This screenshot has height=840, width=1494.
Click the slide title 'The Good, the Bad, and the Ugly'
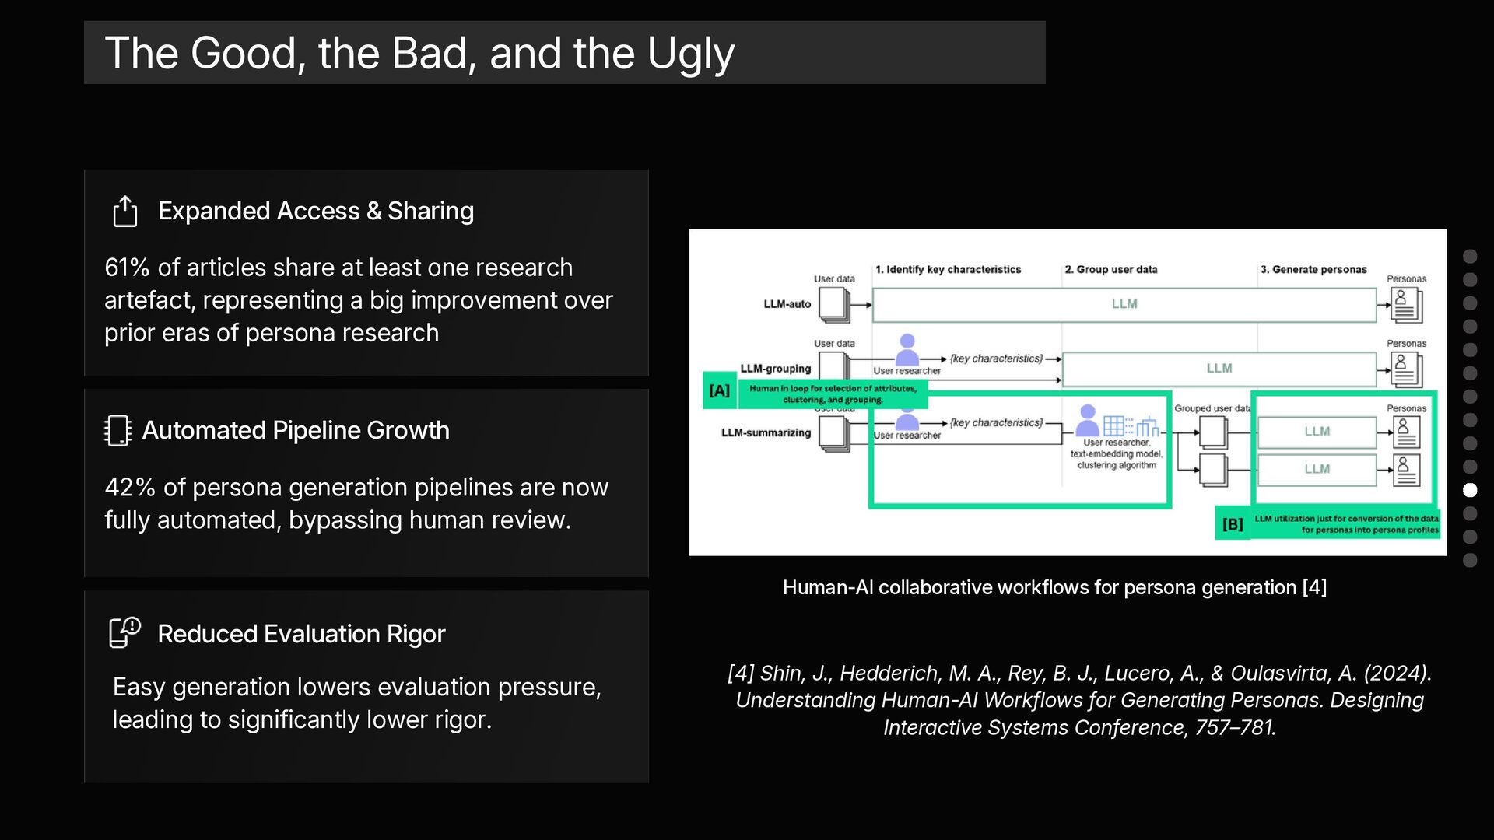pyautogui.click(x=419, y=53)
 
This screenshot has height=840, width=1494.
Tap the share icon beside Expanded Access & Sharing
pyautogui.click(x=125, y=211)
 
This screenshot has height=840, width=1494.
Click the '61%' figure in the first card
pyautogui.click(x=127, y=268)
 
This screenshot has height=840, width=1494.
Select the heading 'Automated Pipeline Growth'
pyautogui.click(x=296, y=430)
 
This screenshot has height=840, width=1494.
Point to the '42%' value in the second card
pyautogui.click(x=130, y=488)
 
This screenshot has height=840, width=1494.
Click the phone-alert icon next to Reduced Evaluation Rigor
pyautogui.click(x=124, y=632)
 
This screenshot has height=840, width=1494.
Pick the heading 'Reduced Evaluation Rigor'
pyautogui.click(x=301, y=634)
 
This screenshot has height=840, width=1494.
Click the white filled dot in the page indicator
pyautogui.click(x=1470, y=490)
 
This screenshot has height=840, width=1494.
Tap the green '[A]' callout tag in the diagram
pyautogui.click(x=720, y=390)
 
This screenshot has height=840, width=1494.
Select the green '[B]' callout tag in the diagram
pyautogui.click(x=1233, y=524)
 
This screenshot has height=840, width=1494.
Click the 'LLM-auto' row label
pyautogui.click(x=787, y=304)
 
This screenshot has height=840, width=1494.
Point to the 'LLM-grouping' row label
pyautogui.click(x=775, y=369)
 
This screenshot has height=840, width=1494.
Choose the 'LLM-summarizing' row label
pyautogui.click(x=766, y=432)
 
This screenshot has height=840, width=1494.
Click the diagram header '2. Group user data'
pyautogui.click(x=1110, y=270)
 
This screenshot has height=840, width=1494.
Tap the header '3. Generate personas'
pyautogui.click(x=1313, y=270)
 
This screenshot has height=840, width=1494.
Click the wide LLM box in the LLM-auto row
pyautogui.click(x=1124, y=304)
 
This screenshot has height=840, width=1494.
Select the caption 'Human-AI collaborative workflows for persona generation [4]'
pyautogui.click(x=1054, y=587)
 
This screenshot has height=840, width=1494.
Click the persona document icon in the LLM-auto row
pyautogui.click(x=1406, y=306)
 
